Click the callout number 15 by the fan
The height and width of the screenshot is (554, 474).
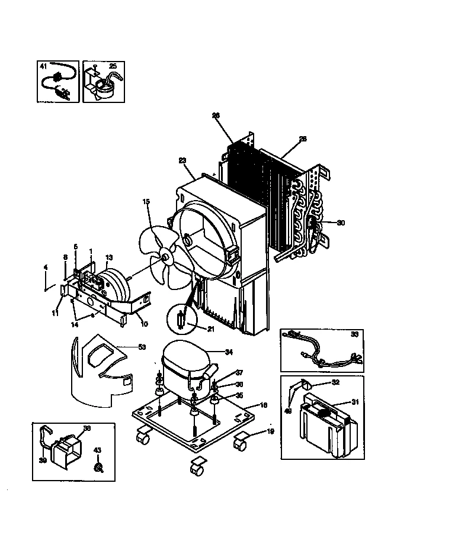pyautogui.click(x=146, y=202)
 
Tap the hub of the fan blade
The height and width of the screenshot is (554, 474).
pyautogui.click(x=165, y=258)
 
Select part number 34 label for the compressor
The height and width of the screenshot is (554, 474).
pyautogui.click(x=229, y=352)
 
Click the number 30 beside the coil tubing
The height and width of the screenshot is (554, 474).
pyautogui.click(x=340, y=223)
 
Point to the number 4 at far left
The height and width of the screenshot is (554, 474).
pyautogui.click(x=45, y=268)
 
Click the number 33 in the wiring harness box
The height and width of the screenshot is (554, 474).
pyautogui.click(x=355, y=334)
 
